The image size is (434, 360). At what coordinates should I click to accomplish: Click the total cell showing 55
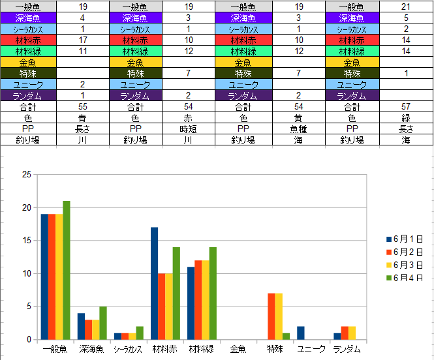click(x=83, y=106)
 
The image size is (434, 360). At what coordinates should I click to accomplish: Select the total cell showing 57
click(x=406, y=106)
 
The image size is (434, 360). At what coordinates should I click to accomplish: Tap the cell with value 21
click(x=406, y=6)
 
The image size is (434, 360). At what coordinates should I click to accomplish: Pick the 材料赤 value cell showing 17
click(x=83, y=40)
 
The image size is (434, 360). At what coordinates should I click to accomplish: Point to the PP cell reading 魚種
click(x=298, y=128)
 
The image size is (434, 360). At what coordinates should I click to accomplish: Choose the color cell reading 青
click(x=83, y=117)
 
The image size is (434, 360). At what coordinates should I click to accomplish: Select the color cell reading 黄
click(x=298, y=117)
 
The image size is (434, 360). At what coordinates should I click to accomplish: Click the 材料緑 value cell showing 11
click(x=83, y=51)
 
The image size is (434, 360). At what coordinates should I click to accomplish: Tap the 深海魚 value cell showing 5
click(x=406, y=18)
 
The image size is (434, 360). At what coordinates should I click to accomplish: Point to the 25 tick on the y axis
click(x=27, y=175)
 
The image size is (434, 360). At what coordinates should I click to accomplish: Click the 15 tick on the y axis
click(x=27, y=241)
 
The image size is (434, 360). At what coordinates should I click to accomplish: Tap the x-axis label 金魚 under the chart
click(x=238, y=350)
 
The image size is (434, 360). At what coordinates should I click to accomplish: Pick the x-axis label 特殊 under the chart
click(x=275, y=350)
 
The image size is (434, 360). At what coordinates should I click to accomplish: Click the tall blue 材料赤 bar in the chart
click(x=154, y=283)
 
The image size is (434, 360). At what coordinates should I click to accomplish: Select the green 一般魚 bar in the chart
click(x=66, y=270)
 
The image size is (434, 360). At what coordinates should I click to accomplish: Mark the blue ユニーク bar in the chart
click(x=300, y=333)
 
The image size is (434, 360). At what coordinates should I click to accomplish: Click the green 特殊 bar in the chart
click(x=285, y=336)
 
